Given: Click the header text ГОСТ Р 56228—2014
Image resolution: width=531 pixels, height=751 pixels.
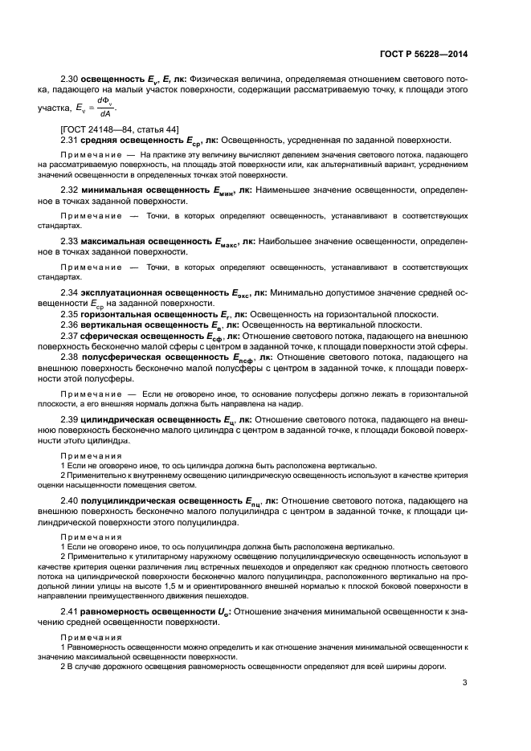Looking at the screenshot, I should [x=423, y=55].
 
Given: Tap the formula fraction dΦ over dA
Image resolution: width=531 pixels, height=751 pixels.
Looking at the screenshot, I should [x=104, y=108].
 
